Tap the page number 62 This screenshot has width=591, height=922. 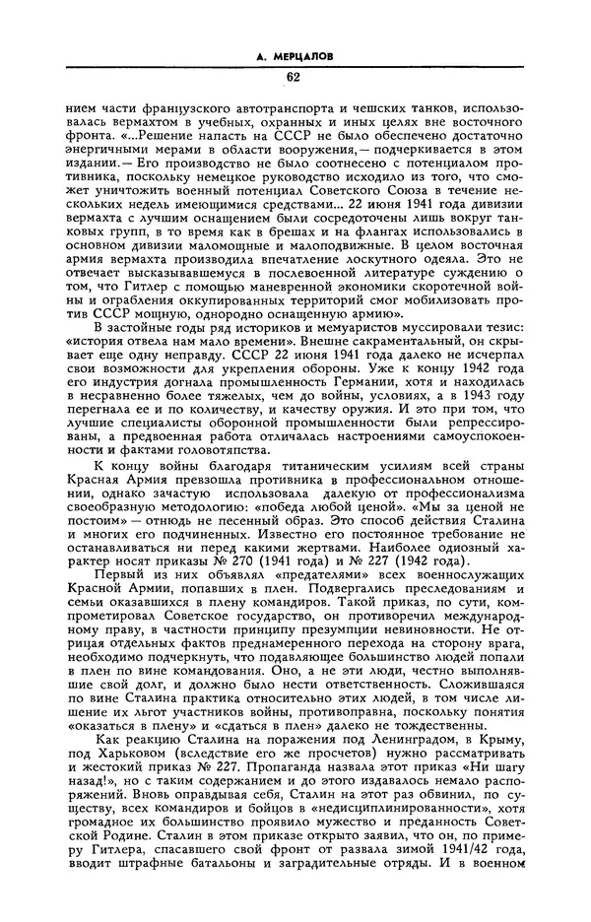294,78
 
